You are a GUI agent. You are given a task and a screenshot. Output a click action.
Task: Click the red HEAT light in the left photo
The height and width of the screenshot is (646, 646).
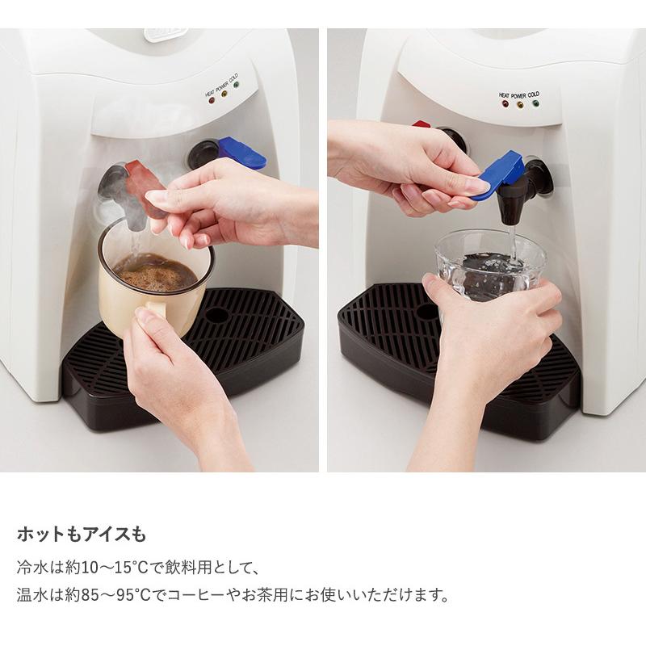click(212, 102)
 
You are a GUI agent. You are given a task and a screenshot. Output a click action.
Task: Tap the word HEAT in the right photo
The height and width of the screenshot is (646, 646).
click(505, 94)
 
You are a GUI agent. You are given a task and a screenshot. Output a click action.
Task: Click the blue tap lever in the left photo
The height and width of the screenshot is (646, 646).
click(241, 153)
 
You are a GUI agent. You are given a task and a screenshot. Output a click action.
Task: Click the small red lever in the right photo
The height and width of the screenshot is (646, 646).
click(422, 124)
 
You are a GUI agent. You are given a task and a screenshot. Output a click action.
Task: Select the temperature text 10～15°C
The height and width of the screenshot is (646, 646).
click(114, 567)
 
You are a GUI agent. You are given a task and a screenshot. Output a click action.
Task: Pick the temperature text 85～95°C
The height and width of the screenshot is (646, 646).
click(114, 596)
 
